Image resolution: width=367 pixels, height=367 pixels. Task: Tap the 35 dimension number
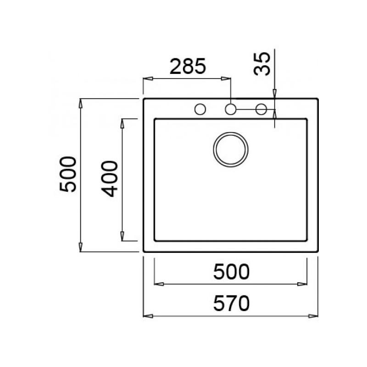click(x=262, y=64)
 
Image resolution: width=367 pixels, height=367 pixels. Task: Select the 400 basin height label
click(x=109, y=179)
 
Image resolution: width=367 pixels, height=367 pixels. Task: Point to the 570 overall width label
click(x=231, y=303)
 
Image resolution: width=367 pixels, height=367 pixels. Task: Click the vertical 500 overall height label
click(x=67, y=174)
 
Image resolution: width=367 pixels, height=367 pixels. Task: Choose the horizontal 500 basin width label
click(x=231, y=272)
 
